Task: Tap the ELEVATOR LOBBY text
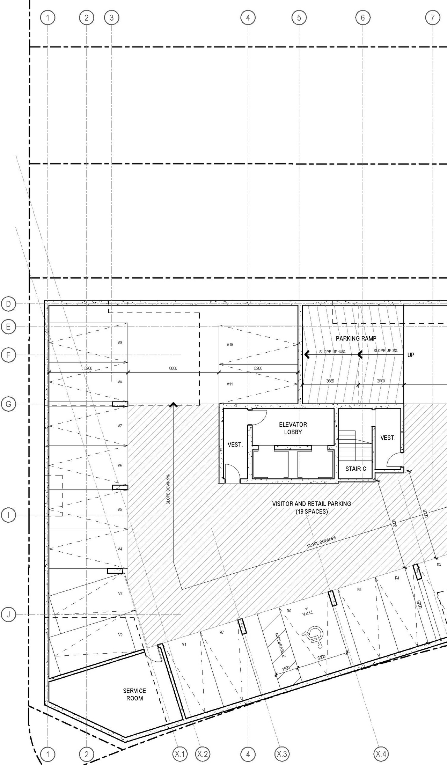coord(293,428)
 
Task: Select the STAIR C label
coord(356,469)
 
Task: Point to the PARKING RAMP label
coord(356,338)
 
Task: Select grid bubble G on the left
coord(8,404)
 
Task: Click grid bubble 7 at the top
coord(432,17)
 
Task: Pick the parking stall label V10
coord(230,345)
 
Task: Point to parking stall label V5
coord(120,510)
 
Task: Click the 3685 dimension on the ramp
coord(330,381)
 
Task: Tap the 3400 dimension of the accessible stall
coord(322,657)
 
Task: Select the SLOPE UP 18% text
coord(332,352)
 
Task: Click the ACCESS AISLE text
coord(279,645)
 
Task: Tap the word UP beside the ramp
coord(411,355)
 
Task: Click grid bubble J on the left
coord(8,615)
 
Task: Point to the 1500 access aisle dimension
coord(286,668)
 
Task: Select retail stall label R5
coord(359,590)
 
